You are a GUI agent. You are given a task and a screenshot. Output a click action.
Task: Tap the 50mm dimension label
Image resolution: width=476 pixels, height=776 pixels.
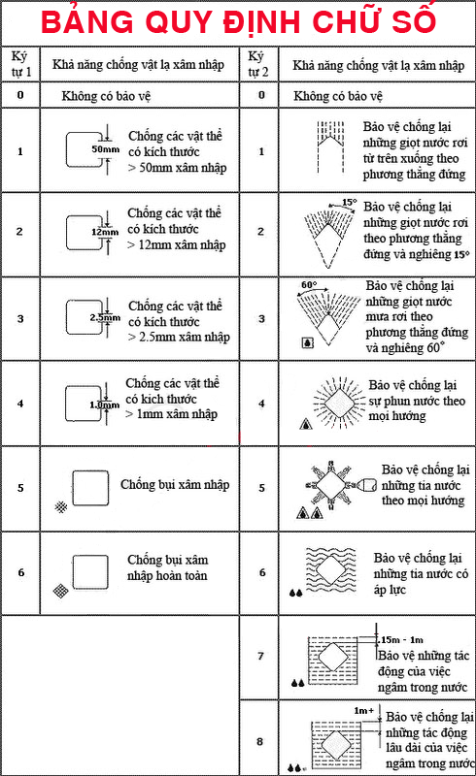[x=105, y=149]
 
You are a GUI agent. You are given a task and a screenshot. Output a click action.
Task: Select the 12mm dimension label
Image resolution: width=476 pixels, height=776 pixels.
[x=105, y=232]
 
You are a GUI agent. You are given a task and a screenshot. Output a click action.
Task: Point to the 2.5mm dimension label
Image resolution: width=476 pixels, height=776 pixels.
[x=105, y=317]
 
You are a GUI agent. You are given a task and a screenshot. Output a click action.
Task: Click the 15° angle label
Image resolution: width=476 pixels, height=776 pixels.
[x=350, y=203]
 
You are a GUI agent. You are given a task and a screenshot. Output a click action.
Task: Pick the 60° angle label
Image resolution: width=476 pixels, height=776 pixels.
[x=309, y=285]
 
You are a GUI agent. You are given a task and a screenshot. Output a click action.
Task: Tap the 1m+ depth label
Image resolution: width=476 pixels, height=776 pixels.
[x=364, y=711]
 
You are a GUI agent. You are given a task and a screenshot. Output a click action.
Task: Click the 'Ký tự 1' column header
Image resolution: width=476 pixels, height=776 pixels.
[x=20, y=64]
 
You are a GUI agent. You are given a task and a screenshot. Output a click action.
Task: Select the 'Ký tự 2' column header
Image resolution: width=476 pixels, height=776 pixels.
[x=257, y=64]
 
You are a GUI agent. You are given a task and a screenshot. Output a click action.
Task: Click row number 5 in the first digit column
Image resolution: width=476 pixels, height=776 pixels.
[x=20, y=488]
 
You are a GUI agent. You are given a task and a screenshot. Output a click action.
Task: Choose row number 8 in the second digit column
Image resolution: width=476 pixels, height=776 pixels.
[x=259, y=741]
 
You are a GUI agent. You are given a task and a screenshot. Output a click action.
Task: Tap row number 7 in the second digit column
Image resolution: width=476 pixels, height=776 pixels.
[x=260, y=656]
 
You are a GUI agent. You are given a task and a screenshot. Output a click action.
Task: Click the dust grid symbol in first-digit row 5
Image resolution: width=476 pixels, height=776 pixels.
[x=61, y=506]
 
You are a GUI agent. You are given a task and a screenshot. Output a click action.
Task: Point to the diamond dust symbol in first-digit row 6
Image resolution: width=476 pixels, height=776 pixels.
[x=60, y=591]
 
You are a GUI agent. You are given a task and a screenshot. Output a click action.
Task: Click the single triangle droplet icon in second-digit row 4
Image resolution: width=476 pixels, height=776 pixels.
[x=306, y=424]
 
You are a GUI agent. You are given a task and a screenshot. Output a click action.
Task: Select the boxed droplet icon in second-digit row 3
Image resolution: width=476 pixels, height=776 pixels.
[x=307, y=342]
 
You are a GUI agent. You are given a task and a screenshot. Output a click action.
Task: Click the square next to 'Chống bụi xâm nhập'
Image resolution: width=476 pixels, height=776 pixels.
[x=90, y=488]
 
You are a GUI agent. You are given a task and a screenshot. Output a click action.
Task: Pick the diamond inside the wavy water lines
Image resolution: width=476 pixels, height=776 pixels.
[x=330, y=569]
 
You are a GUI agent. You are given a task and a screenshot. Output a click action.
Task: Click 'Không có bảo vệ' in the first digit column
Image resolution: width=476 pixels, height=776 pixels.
[x=106, y=95]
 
